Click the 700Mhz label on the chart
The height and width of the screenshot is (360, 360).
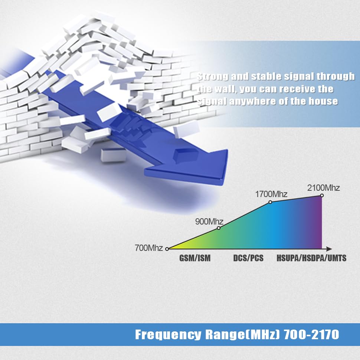[149, 248]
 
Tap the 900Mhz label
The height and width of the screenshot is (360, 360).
[209, 222]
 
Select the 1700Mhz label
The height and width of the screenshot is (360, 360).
[271, 194]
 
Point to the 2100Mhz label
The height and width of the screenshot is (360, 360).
[323, 188]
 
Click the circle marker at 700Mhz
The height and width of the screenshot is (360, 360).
[167, 249]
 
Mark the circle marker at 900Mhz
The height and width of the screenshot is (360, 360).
[219, 228]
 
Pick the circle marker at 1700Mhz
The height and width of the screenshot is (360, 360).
[270, 202]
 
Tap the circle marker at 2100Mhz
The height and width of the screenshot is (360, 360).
[322, 196]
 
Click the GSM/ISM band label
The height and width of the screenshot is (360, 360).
[195, 258]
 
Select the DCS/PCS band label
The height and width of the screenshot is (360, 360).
[248, 258]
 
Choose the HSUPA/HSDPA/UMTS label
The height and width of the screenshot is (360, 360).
[311, 258]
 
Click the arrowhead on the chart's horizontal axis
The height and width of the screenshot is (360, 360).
[329, 249]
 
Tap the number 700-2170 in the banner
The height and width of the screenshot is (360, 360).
[311, 334]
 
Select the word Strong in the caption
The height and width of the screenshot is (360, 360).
[213, 76]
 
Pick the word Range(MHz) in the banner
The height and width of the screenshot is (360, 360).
[243, 334]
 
